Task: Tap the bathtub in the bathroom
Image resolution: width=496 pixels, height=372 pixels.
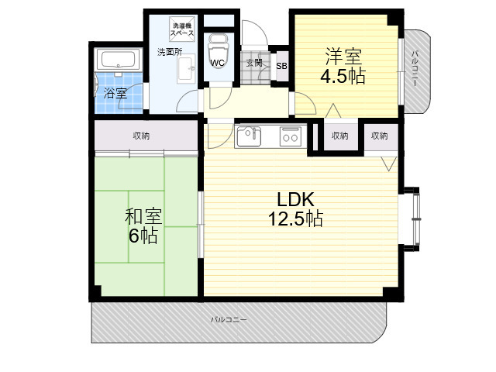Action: [x=119, y=60]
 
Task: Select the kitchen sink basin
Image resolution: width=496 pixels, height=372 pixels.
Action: [x=249, y=136]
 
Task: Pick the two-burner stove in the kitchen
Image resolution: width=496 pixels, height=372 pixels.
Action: [x=291, y=136]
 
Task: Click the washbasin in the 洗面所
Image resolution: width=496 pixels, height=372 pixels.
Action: [x=186, y=69]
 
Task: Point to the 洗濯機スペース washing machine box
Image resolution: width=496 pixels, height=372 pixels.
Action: [x=181, y=29]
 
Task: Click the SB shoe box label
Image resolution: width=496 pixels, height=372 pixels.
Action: [x=281, y=66]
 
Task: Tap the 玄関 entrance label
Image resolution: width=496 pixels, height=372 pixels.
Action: [x=254, y=63]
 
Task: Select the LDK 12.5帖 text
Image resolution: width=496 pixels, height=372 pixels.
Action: [x=295, y=209]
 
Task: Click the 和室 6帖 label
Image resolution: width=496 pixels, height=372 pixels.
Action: [x=143, y=226]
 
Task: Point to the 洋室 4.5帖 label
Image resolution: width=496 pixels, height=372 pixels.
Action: [x=343, y=66]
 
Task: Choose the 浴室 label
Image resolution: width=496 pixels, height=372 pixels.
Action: [x=115, y=94]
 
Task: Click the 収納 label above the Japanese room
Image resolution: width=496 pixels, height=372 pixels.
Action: [x=141, y=136]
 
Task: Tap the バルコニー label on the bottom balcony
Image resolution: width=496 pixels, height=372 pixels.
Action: [x=229, y=319]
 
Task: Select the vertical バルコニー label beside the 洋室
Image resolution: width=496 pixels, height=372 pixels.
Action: [x=415, y=69]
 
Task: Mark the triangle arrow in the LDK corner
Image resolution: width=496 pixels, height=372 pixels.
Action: [x=389, y=164]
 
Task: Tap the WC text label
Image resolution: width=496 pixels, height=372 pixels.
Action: [x=217, y=63]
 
